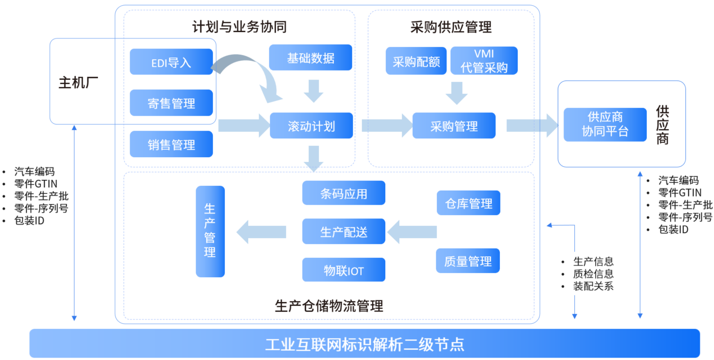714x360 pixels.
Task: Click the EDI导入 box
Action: click(x=171, y=62)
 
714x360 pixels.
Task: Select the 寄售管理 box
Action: click(x=171, y=103)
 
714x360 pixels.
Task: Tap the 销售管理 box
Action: click(x=171, y=144)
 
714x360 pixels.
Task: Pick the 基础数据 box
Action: click(x=310, y=57)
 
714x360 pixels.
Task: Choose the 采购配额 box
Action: click(x=416, y=61)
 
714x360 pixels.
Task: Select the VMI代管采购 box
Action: click(x=484, y=61)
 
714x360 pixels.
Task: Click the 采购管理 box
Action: click(x=454, y=126)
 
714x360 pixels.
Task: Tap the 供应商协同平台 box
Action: click(x=605, y=125)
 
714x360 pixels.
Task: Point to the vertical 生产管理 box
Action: click(x=210, y=231)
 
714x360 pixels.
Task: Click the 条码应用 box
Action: click(x=344, y=193)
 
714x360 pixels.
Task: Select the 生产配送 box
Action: click(x=344, y=232)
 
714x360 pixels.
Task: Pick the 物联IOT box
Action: click(x=344, y=270)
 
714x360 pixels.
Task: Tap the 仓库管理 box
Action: click(x=468, y=203)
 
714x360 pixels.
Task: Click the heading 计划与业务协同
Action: click(x=239, y=27)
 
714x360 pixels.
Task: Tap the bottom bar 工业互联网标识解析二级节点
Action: click(x=365, y=344)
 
